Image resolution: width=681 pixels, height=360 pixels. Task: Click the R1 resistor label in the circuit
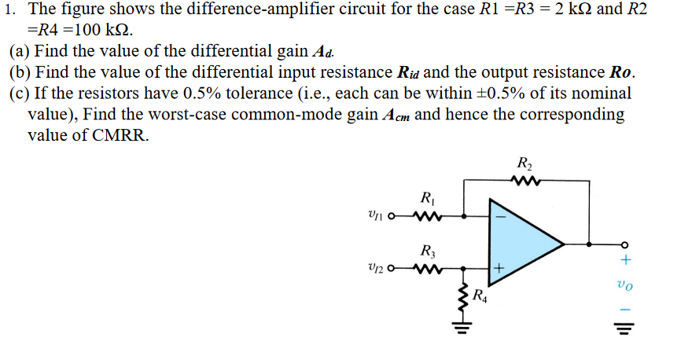(427, 197)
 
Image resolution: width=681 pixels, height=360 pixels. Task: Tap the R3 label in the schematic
(427, 252)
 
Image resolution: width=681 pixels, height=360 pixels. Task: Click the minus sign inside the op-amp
(498, 212)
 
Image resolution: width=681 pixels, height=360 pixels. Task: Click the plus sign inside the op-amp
(498, 272)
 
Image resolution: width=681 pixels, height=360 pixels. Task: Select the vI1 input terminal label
(377, 215)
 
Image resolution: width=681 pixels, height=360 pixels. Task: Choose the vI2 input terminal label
(377, 271)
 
